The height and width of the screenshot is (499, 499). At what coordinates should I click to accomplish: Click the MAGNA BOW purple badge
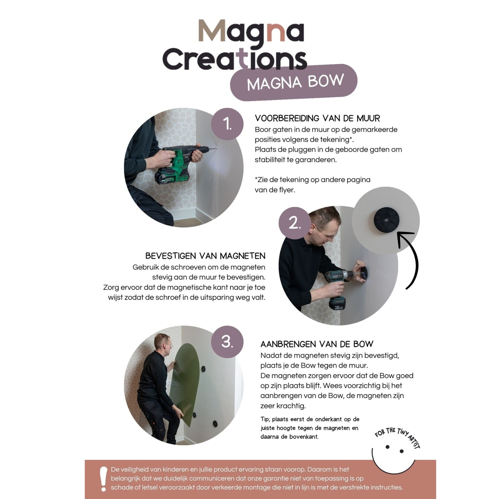(294, 82)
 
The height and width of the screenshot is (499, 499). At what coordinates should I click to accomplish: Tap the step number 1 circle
(227, 124)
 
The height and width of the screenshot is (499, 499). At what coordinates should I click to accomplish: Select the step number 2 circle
(295, 223)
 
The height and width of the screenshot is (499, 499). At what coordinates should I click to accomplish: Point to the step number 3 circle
(227, 342)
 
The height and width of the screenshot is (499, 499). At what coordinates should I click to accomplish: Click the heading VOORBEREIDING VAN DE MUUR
(317, 118)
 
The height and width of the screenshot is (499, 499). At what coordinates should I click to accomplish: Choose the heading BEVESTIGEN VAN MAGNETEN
(205, 256)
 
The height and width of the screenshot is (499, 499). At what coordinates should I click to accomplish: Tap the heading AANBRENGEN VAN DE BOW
(317, 344)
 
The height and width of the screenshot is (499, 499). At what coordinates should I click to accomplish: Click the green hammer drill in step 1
(178, 163)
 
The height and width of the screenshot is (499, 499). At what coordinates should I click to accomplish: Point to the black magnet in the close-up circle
(386, 220)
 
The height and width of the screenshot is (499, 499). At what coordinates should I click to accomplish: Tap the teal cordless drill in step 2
(337, 287)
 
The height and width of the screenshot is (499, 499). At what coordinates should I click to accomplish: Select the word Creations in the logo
(235, 59)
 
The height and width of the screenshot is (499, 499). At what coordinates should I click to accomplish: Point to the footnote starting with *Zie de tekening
(312, 185)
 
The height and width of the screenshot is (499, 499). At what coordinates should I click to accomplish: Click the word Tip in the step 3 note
(265, 419)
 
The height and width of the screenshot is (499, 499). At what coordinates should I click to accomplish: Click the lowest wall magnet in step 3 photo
(215, 423)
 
